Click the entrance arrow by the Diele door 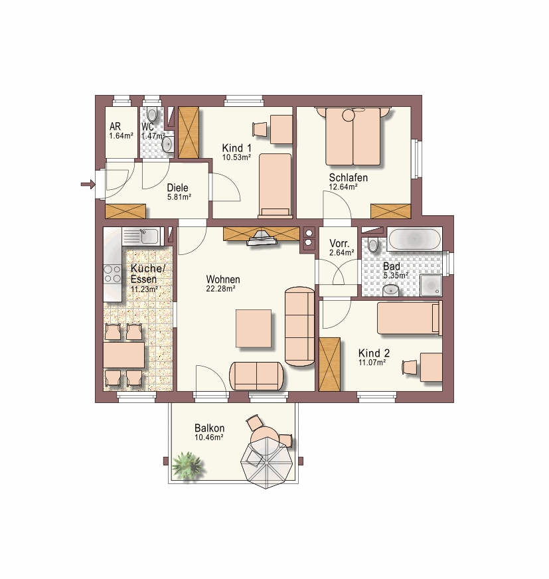[88, 184]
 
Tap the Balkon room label [209, 428]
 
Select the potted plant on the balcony [187, 465]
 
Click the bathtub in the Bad [414, 239]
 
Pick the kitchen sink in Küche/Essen [142, 236]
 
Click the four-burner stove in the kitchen [112, 274]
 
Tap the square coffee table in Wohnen [254, 328]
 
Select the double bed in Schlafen [353, 136]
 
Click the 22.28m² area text [221, 289]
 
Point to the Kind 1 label [236, 148]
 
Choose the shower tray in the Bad [430, 285]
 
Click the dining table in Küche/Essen [123, 355]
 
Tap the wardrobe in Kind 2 [329, 364]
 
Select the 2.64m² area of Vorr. [341, 252]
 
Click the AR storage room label [116, 127]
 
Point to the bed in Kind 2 [410, 317]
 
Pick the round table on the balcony [266, 439]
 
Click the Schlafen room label [348, 177]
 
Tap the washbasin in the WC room [167, 144]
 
